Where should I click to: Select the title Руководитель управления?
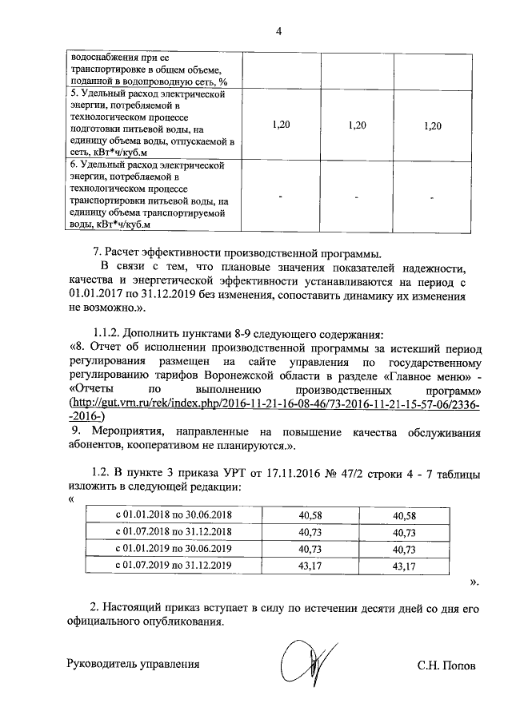(132, 664)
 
